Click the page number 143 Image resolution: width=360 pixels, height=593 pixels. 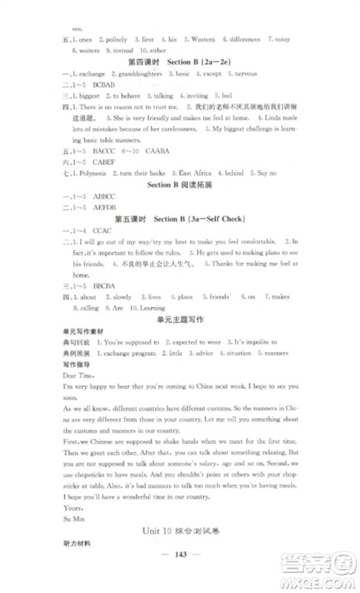point(181,560)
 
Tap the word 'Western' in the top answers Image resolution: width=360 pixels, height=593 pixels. point(201,39)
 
